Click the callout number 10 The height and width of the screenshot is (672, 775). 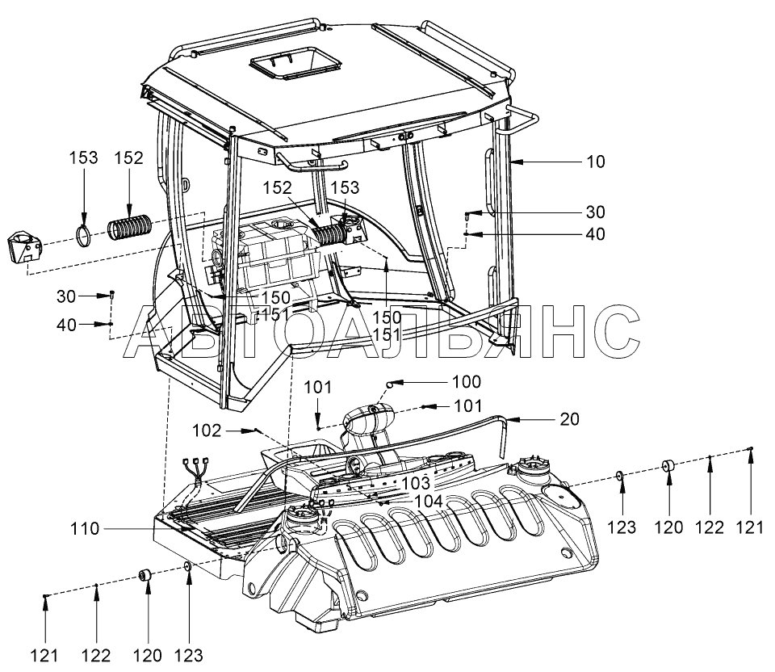[x=595, y=162]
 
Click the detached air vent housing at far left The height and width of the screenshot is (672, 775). [x=23, y=245]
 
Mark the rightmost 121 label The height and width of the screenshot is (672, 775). [x=750, y=528]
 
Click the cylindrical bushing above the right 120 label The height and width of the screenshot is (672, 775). [x=668, y=468]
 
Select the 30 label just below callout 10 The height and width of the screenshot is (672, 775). [x=595, y=212]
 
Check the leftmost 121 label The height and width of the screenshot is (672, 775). [x=46, y=654]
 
